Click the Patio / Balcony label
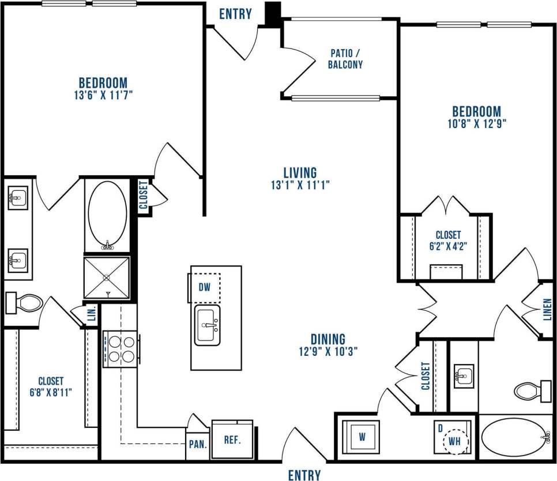345,58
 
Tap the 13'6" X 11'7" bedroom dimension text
103,95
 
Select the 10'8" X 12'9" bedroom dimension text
476,123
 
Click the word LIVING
300,172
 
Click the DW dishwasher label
204,287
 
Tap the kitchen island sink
208,325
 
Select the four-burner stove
120,349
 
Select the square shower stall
107,277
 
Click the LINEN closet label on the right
547,310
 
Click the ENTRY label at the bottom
304,475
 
